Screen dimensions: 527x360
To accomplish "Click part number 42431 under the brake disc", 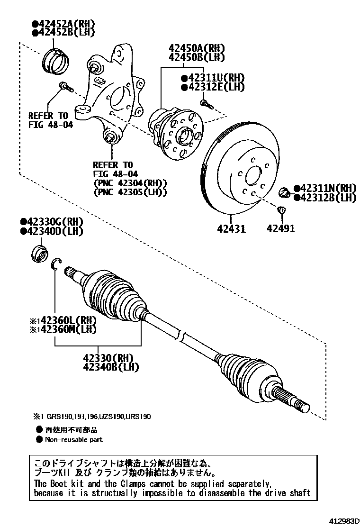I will point(231,229).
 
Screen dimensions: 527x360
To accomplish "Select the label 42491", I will point(280,229).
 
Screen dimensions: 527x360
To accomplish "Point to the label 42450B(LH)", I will point(196,58).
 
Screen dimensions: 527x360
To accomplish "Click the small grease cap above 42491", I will point(280,210).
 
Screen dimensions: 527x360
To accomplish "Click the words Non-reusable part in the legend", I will point(73,439).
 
